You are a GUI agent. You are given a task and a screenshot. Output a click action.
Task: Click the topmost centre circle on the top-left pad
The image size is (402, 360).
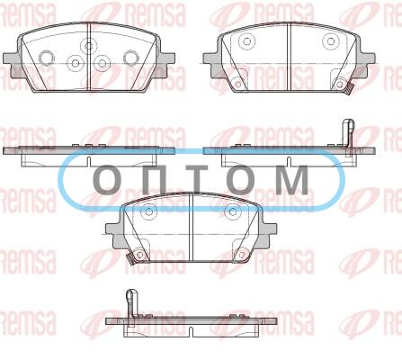[x=88, y=46]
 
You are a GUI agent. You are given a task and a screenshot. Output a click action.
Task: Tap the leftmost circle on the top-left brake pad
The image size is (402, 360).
[x=47, y=57]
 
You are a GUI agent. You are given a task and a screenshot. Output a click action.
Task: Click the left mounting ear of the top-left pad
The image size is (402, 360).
[x=12, y=66]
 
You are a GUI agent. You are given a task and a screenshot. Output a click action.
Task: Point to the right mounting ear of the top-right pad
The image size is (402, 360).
[x=367, y=66]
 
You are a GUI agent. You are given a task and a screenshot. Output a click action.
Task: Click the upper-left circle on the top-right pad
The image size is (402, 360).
[x=246, y=41]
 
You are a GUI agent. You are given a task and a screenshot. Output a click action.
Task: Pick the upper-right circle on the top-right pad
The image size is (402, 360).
[x=331, y=41]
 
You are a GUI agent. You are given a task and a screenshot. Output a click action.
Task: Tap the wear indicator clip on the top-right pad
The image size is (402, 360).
[x=349, y=89]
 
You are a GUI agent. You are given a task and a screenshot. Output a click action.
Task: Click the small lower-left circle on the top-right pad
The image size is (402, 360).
[x=238, y=85]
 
